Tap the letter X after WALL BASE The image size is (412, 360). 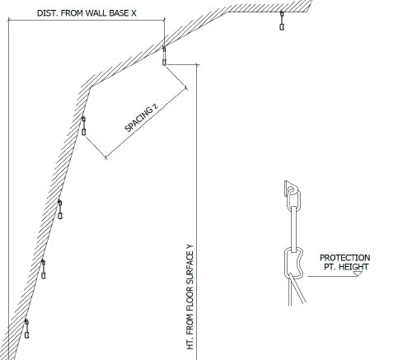[x=133, y=13]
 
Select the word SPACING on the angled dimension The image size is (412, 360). [x=138, y=119]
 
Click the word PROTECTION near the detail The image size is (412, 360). [x=344, y=258]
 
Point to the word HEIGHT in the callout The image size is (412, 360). [x=353, y=267]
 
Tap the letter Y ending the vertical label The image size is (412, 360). [x=190, y=247]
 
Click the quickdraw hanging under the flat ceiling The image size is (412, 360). [x=282, y=21]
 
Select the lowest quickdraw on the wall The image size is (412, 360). [x=26, y=329]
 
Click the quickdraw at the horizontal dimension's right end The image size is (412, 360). [x=164, y=56]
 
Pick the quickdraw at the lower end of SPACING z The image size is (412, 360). [x=83, y=126]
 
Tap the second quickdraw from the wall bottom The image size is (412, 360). [x=44, y=269]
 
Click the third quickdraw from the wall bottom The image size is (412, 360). [x=60, y=209]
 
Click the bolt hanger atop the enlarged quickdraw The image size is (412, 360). [x=290, y=189]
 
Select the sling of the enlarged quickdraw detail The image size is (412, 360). [x=293, y=229]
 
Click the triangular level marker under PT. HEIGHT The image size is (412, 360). [x=358, y=274]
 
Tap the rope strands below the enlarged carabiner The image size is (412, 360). [x=296, y=290]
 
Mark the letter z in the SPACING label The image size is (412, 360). [x=156, y=106]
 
